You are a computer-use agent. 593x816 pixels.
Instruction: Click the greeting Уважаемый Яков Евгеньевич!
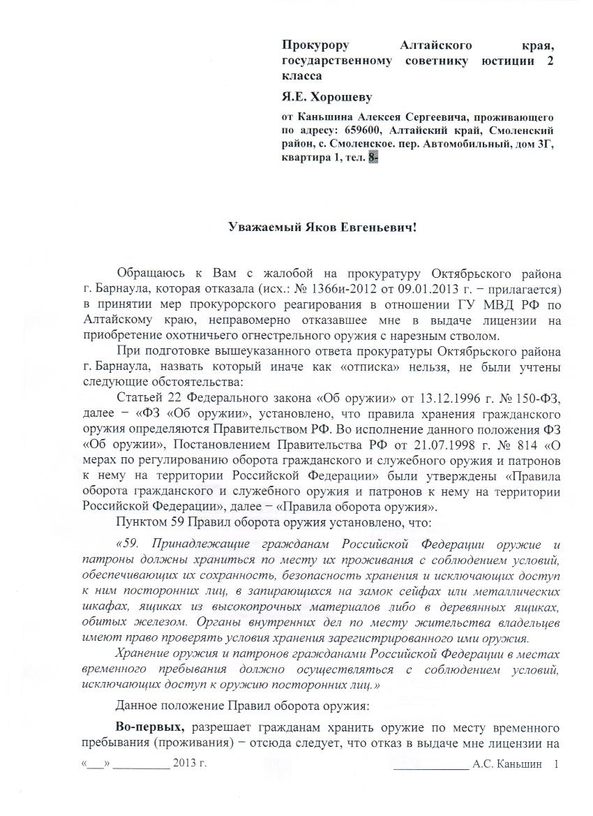[322, 228]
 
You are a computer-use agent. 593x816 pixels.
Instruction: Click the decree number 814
[515, 443]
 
